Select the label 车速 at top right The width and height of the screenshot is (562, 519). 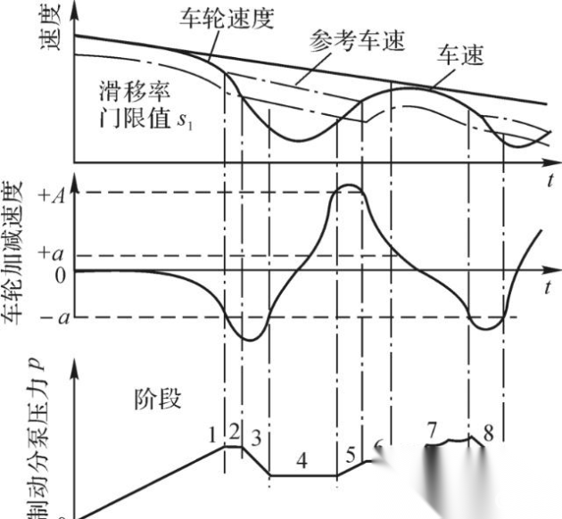[x=460, y=58]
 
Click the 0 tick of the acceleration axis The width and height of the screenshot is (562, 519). [x=61, y=276]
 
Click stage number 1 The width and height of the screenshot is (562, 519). [x=212, y=434]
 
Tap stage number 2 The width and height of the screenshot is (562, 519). [x=234, y=432]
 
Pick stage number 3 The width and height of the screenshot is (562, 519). [x=257, y=438]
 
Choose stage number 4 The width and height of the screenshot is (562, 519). [x=302, y=461]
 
